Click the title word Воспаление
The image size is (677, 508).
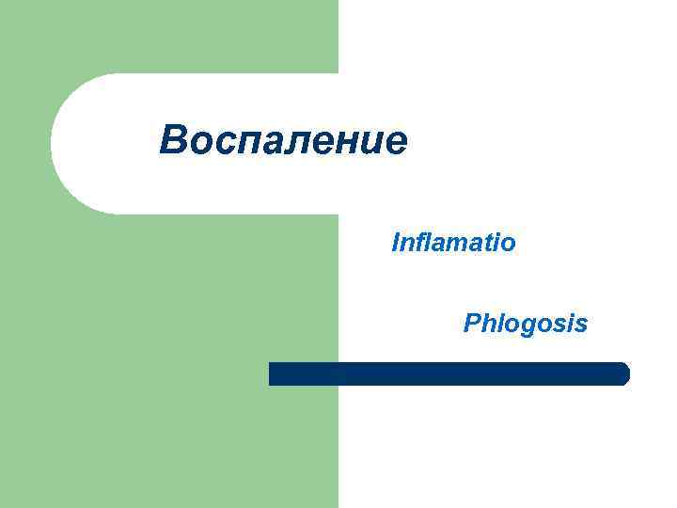(283, 141)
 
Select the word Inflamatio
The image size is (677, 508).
(453, 244)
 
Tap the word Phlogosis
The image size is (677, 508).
(526, 324)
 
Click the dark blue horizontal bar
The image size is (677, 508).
(449, 373)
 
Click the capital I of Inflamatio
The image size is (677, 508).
(396, 244)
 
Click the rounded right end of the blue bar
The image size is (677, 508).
(622, 373)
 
